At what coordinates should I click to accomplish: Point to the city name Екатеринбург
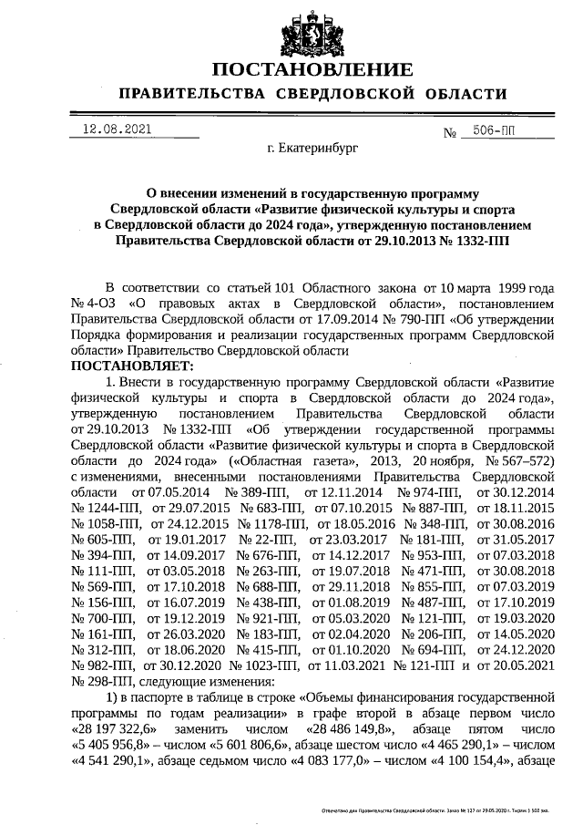pyautogui.click(x=312, y=146)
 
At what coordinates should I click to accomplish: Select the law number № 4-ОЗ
pyautogui.click(x=94, y=302)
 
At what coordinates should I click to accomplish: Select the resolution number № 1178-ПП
pyautogui.click(x=271, y=524)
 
